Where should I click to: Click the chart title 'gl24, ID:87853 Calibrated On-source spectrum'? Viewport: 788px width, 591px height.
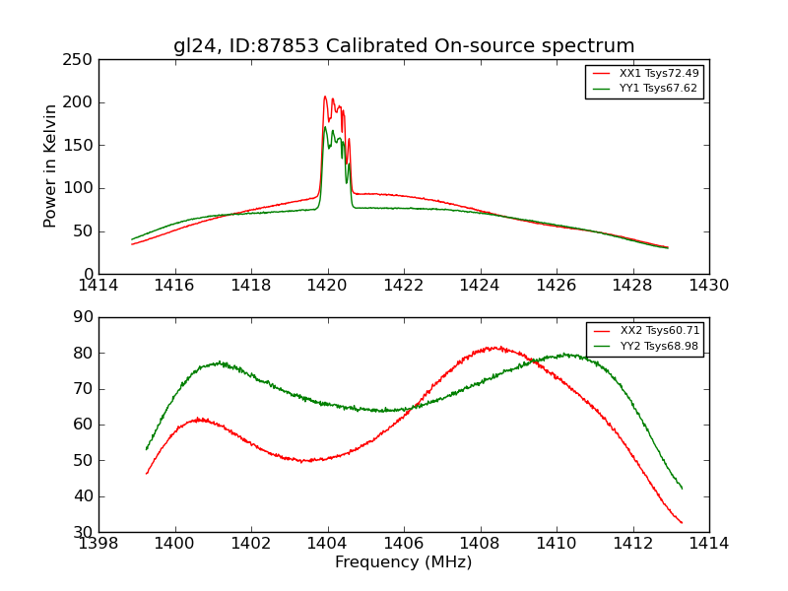click(404, 46)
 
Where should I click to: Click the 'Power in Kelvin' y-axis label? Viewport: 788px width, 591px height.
click(51, 166)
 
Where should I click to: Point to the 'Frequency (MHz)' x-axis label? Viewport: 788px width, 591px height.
click(404, 562)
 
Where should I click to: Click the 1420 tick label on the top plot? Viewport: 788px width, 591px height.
click(327, 286)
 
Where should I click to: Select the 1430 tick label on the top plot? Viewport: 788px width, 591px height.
click(708, 286)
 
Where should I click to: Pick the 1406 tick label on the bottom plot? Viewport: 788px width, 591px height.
click(404, 543)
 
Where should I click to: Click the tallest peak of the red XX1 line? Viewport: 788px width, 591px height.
click(325, 97)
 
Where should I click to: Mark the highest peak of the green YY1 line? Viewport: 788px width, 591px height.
click(325, 127)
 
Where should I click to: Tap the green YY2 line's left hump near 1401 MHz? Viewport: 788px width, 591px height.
click(220, 362)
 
